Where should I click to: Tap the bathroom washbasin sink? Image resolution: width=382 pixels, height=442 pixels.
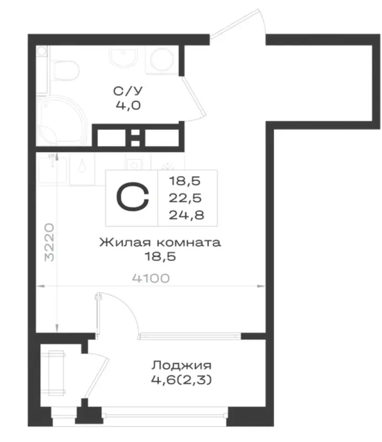coord(123,57)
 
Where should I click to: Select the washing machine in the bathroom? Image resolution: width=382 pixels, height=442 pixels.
coord(161,60)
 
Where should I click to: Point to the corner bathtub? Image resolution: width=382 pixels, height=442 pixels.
coord(61,121)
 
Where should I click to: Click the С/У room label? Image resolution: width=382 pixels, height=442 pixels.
coord(128,91)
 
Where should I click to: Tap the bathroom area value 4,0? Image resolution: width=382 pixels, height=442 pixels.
coord(128,106)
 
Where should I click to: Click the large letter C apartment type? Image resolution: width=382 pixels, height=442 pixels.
coord(132,197)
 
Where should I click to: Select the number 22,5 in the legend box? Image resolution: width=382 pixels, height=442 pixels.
coord(185,198)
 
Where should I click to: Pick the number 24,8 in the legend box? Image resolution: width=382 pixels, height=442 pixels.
coord(187,215)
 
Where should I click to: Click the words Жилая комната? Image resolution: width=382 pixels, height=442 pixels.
coord(160,242)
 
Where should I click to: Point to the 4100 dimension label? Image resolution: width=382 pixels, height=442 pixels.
coord(151,278)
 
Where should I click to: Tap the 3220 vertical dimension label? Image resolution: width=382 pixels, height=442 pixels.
coord(50,242)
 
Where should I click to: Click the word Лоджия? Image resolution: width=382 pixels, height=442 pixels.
coord(181,365)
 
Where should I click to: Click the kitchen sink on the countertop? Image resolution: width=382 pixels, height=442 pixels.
coord(53,169)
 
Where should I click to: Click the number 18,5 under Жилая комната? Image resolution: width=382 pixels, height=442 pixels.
coord(160,256)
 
